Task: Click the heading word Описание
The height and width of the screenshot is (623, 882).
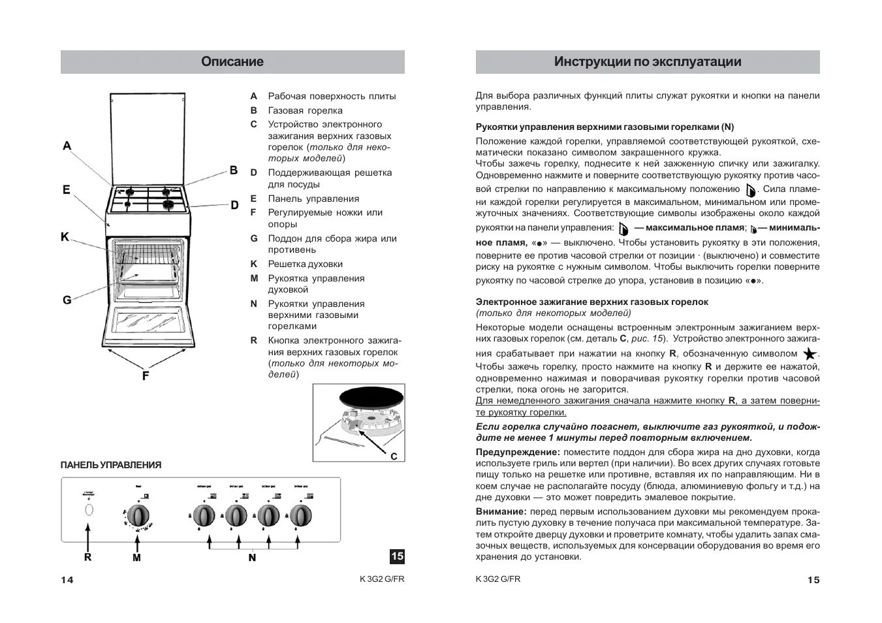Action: click(x=232, y=62)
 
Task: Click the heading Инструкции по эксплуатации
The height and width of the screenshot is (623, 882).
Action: click(x=648, y=62)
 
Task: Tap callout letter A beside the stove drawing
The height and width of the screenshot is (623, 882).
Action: click(x=67, y=146)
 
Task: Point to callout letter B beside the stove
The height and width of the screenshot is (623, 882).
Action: click(x=233, y=170)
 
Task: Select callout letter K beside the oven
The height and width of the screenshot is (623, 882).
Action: click(x=65, y=237)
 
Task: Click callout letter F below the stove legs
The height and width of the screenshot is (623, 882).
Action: click(x=146, y=375)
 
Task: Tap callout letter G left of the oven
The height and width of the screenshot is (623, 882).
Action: click(x=67, y=300)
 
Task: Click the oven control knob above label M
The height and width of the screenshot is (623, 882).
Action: click(x=138, y=515)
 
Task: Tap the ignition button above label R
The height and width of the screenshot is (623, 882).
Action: click(x=87, y=511)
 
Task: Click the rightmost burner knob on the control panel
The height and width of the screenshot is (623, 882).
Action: click(x=300, y=515)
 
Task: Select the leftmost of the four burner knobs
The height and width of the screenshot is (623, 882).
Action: click(x=204, y=515)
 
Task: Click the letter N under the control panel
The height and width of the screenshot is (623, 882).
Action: click(x=252, y=558)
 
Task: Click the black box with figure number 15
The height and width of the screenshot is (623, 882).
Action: click(x=397, y=556)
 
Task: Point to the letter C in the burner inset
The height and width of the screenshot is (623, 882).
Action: click(x=394, y=456)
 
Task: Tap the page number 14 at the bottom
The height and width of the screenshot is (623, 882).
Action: click(x=67, y=580)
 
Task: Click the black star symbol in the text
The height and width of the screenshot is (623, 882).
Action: click(x=810, y=355)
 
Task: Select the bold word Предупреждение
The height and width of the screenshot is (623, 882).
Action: click(x=518, y=452)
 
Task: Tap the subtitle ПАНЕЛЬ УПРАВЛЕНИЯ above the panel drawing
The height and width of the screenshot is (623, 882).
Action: click(x=111, y=465)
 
